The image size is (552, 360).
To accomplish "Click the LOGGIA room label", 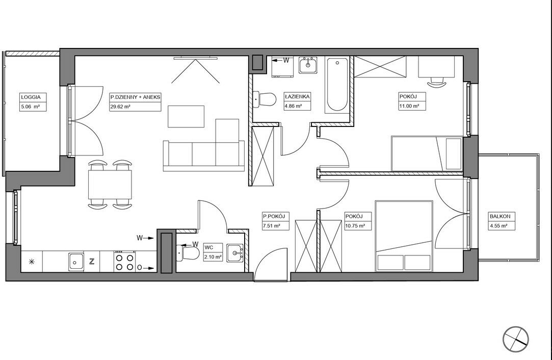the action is pos(31,97).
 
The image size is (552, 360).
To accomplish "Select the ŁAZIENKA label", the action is pos(297,96).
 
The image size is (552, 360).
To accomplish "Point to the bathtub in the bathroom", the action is pos(337,85).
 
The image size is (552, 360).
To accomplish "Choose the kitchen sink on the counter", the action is pos(76,262).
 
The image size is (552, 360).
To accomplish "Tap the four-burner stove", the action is pos(125,261).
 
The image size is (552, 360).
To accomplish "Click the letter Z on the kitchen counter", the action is pos(92,262).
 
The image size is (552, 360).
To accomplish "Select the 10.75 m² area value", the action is pos(355,226).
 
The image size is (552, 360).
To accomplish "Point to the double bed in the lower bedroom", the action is pos(404,236).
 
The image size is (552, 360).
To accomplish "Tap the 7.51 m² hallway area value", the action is pos(272,226).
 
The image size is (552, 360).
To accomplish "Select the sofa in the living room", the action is pos(203,156).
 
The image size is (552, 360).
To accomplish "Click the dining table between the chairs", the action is pos(110,185).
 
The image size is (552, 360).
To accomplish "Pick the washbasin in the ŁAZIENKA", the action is pos(308,65).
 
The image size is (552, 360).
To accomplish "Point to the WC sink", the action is pos(235,253).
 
